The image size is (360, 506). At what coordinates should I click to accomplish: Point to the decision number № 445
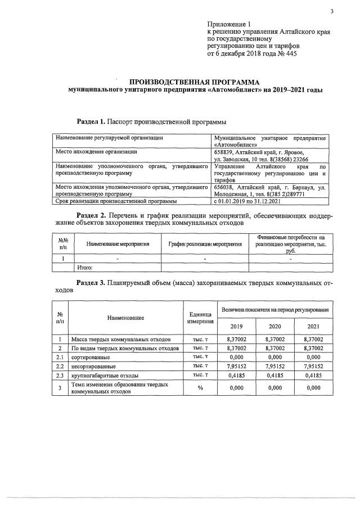point(284,54)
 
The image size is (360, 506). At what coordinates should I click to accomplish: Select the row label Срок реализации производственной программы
point(116,200)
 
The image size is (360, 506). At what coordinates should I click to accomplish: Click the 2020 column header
point(275,326)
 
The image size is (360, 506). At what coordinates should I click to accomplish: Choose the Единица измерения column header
point(200,318)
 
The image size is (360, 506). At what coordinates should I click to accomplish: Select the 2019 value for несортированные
point(237,366)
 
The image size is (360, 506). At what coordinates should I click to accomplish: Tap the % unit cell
point(200,387)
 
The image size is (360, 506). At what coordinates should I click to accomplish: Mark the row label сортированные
point(90,357)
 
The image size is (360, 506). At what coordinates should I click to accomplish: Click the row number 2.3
point(60,375)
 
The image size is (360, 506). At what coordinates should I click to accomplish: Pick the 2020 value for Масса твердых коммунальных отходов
point(275,340)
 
